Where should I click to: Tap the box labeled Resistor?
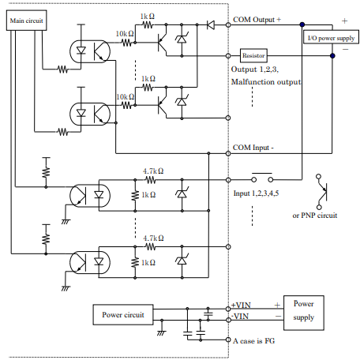[254, 56]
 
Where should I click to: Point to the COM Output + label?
[257, 19]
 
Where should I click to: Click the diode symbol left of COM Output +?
[210, 25]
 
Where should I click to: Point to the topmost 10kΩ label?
[125, 33]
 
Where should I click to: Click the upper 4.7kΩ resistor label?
[152, 170]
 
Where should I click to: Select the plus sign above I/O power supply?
[343, 21]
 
